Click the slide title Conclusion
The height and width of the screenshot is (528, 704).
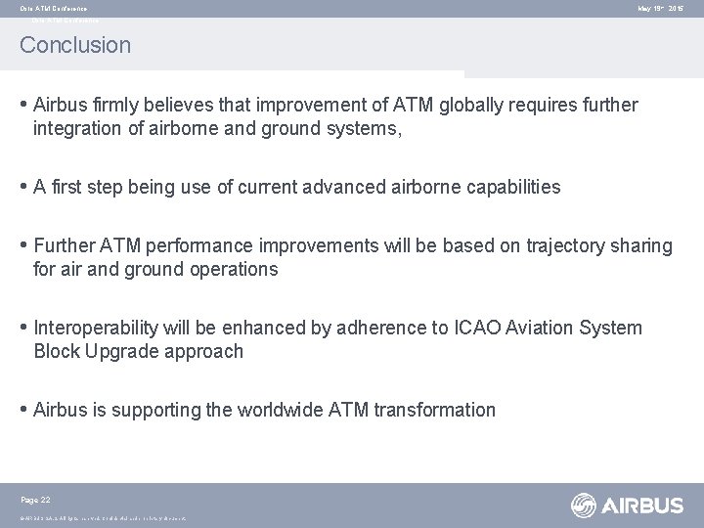[x=74, y=45]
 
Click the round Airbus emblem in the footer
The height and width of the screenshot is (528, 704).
[x=585, y=506]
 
